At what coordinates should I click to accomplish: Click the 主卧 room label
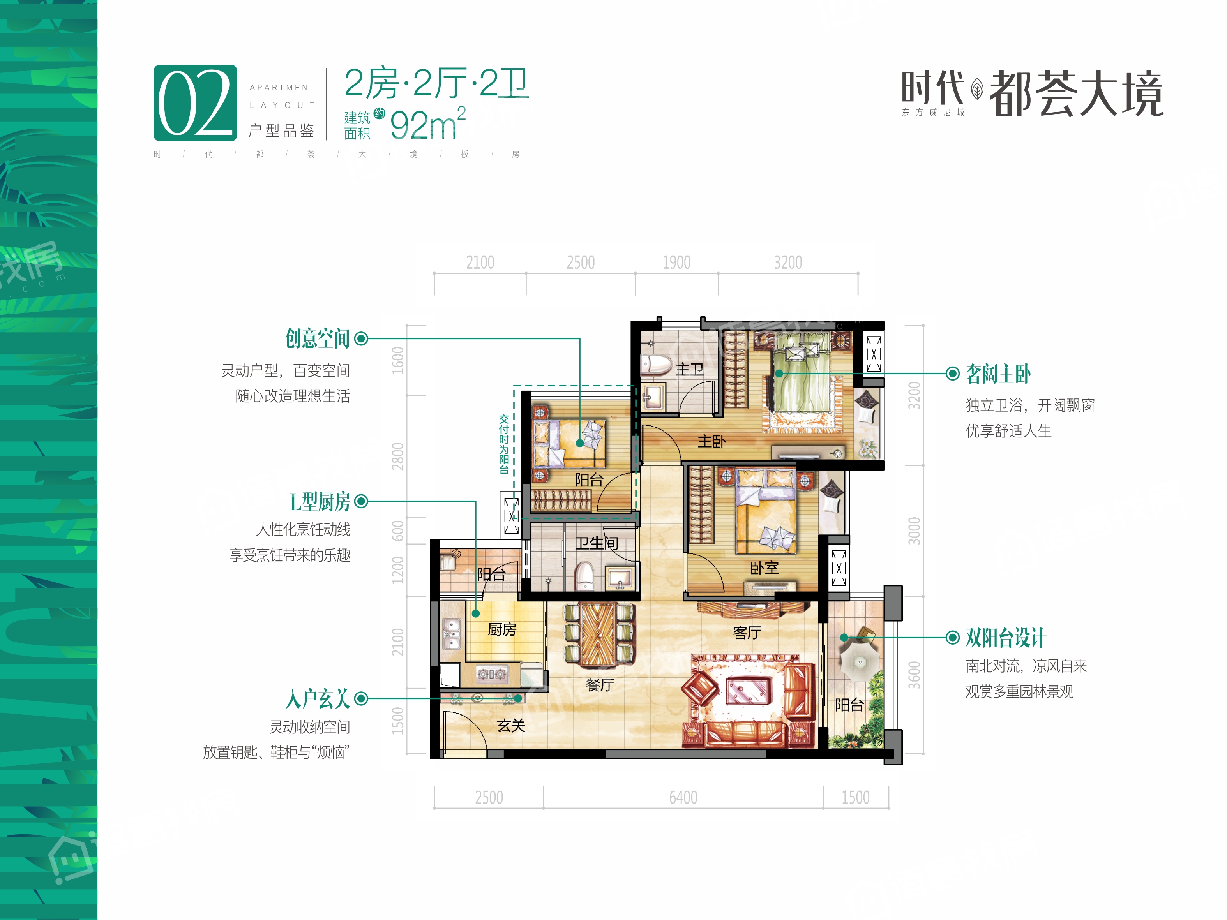point(711,441)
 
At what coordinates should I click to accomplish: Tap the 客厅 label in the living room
point(747,633)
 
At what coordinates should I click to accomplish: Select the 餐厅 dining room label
point(600,685)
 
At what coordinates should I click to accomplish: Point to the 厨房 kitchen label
point(502,629)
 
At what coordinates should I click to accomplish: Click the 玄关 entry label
point(511,726)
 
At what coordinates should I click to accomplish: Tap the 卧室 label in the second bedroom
point(764,568)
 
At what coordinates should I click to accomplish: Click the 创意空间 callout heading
point(317,338)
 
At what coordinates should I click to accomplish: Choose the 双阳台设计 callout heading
point(1005,638)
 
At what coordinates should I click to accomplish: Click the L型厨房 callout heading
point(320,502)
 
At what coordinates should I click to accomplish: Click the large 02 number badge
point(195,103)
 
